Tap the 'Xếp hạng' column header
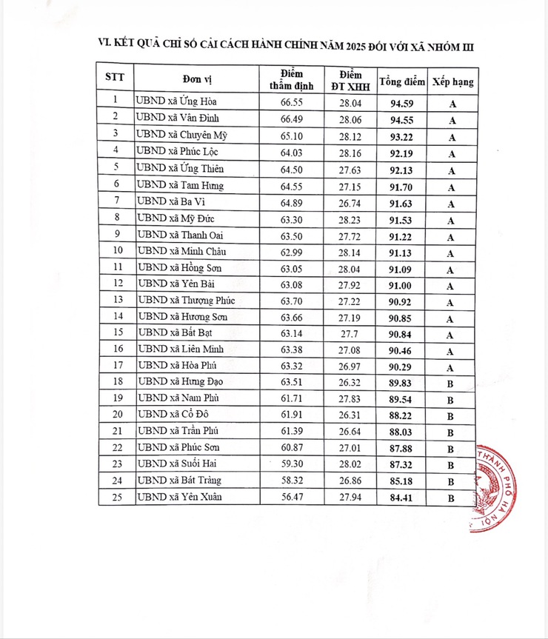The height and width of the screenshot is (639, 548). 453,81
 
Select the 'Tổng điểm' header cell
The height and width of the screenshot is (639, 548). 401,81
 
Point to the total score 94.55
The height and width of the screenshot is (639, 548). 401,118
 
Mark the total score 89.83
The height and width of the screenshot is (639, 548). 401,384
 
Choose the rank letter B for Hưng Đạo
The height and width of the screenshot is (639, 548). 450,384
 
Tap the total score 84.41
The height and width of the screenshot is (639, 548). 401,498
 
